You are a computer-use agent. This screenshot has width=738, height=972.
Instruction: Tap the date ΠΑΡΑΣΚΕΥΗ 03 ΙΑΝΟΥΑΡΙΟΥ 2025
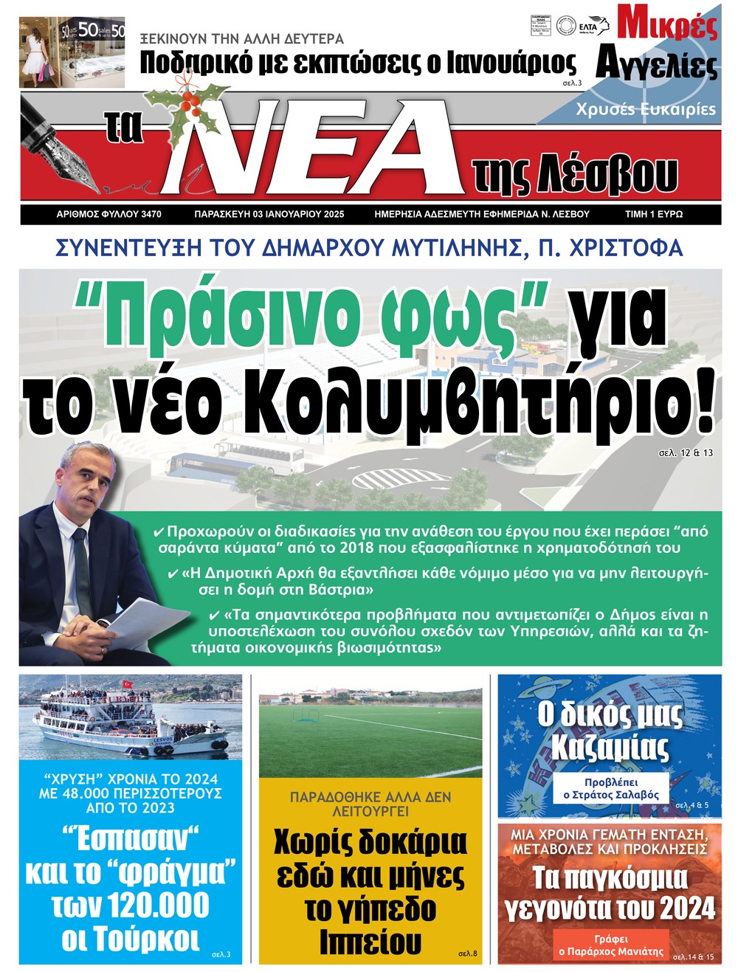coord(269,214)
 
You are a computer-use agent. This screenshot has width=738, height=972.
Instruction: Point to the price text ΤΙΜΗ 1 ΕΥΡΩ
coord(654,214)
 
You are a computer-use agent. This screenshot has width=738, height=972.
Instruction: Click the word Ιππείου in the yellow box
coord(370,942)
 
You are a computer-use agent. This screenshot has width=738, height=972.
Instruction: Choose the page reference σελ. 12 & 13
coord(686,452)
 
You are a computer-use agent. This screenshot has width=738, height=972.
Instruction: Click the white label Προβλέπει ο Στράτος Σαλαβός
coord(611,788)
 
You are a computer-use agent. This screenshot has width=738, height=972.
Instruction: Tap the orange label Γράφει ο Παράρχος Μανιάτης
coord(611,945)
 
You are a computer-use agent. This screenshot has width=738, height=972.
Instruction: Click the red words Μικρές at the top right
coord(667,24)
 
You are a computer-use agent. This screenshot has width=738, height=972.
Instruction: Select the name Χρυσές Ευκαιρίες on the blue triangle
coord(646,109)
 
